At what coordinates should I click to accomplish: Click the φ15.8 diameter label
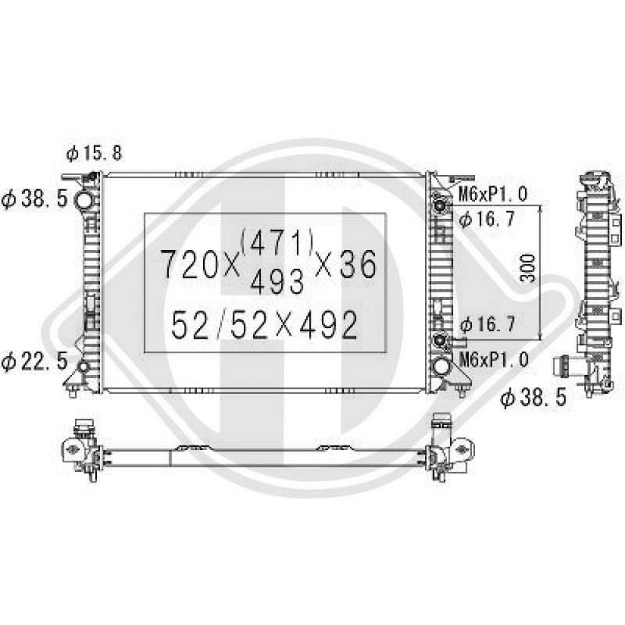point(94,153)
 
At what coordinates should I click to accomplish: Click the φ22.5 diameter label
point(34,362)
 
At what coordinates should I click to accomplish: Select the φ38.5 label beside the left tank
point(34,198)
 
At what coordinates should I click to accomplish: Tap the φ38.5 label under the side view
point(534,398)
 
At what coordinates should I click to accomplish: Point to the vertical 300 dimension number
point(529,268)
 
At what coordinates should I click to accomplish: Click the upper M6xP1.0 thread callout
point(494,194)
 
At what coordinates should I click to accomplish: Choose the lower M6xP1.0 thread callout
point(494,359)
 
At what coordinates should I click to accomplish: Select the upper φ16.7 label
point(487,219)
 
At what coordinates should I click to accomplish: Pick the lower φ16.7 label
point(487,324)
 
